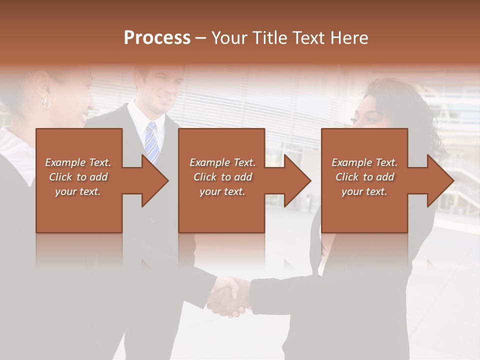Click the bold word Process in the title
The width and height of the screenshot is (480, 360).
tap(157, 38)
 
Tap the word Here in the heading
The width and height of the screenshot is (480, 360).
tap(349, 38)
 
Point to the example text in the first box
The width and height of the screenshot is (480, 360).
tap(78, 176)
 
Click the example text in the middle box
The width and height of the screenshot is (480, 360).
tap(222, 176)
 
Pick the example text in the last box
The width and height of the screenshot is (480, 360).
tap(364, 176)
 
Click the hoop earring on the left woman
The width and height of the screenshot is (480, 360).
tap(46, 103)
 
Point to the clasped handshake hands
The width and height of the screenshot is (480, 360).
tap(229, 297)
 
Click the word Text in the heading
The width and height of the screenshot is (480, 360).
tap(306, 38)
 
